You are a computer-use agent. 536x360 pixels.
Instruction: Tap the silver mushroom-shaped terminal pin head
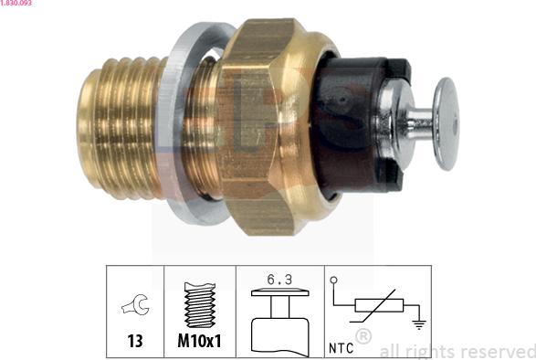[445, 123]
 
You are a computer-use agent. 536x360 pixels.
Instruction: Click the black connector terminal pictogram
[279, 320]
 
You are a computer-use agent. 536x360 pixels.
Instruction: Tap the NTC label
[340, 348]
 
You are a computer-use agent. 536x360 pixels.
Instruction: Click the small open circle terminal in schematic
[333, 281]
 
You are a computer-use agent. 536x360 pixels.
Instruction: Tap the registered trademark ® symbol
[363, 338]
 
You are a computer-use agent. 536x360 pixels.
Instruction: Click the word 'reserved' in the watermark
[499, 351]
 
